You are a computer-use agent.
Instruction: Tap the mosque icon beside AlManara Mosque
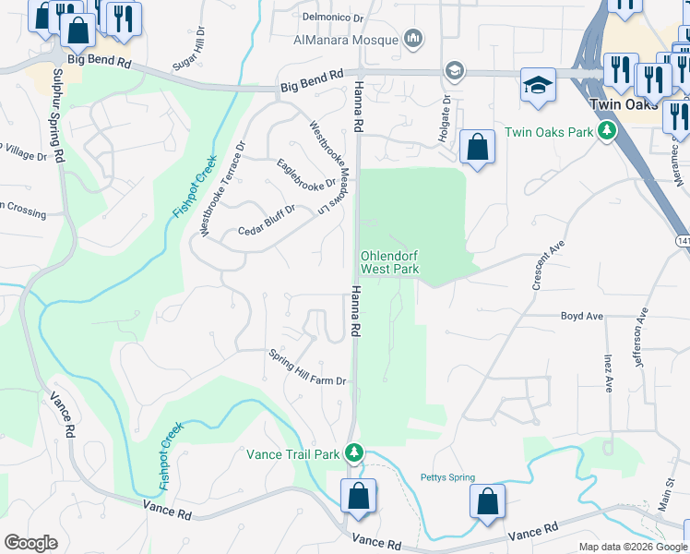412,39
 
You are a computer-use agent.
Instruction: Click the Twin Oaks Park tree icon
606,131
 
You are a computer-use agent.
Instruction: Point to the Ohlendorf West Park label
389,262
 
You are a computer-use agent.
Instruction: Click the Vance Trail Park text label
293,454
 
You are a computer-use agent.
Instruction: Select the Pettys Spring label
447,477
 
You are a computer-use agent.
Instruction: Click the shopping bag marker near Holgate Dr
477,146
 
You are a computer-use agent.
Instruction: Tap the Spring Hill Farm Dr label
307,368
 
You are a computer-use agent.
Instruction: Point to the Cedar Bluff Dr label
266,221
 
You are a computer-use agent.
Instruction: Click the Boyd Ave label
582,316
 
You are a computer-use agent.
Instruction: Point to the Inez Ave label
609,369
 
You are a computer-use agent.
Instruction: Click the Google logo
30,543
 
